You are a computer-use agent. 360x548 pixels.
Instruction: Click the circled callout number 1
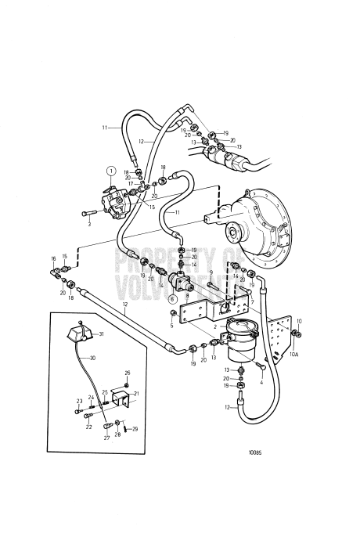(x=111, y=171)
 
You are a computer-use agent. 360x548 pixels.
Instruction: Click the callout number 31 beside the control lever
(x=101, y=333)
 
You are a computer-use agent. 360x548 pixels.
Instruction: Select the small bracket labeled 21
(x=120, y=398)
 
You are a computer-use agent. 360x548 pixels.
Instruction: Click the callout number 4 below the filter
(x=261, y=383)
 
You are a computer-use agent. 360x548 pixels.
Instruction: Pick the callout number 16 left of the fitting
(x=54, y=258)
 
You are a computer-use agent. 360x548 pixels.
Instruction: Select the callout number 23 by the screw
(x=78, y=401)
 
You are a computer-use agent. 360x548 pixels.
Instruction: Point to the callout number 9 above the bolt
(x=211, y=272)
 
